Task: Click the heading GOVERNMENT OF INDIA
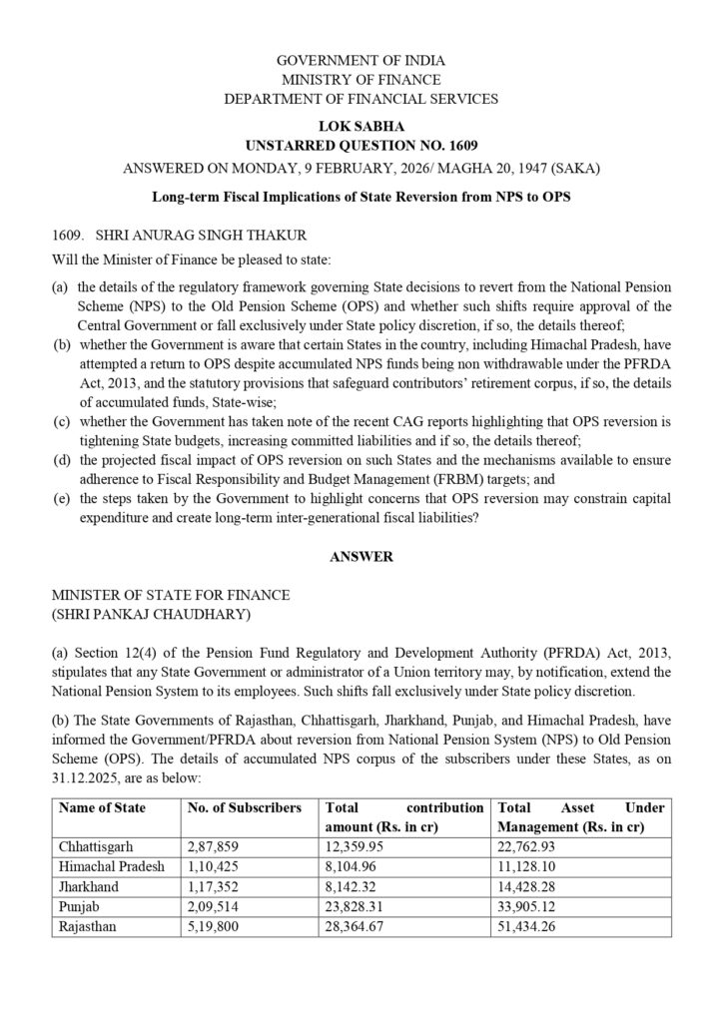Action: click(361, 61)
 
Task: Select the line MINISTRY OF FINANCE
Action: click(361, 80)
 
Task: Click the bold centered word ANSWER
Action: click(361, 557)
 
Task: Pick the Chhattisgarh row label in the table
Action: click(96, 846)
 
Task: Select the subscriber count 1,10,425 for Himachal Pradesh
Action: click(218, 866)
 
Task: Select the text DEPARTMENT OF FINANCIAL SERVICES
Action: click(361, 99)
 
